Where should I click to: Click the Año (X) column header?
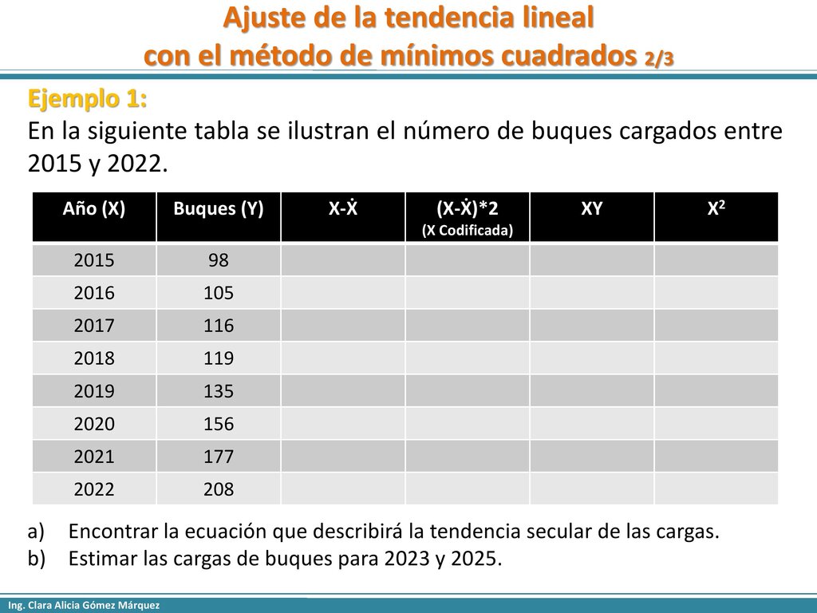(x=94, y=208)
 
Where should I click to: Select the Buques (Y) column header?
(x=219, y=208)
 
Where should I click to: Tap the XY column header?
(x=592, y=208)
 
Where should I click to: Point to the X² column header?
(x=716, y=208)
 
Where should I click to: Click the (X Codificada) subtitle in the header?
(x=468, y=231)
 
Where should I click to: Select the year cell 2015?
(x=94, y=260)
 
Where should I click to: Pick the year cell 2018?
(x=94, y=358)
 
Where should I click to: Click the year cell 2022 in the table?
(x=94, y=489)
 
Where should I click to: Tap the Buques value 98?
(x=219, y=260)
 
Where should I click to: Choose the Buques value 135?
(x=219, y=391)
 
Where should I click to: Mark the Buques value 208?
(x=219, y=489)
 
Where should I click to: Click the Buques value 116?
(x=219, y=326)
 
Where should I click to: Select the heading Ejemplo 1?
(x=87, y=98)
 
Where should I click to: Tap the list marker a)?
(x=36, y=531)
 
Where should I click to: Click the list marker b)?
(x=37, y=558)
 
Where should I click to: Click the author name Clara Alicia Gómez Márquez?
(x=93, y=605)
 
